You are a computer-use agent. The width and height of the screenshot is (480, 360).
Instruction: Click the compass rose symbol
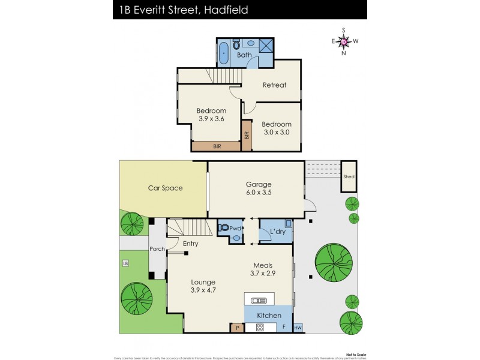point(344,41)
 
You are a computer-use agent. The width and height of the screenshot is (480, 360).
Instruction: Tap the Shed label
point(349,177)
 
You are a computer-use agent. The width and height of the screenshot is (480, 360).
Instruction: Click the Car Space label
point(165,188)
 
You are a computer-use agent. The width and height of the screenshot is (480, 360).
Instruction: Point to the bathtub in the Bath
point(224,53)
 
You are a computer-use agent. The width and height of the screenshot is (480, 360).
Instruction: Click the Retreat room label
point(274,85)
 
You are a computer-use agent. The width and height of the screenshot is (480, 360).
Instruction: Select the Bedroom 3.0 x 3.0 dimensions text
point(276,132)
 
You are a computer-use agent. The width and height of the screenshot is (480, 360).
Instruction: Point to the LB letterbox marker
point(125,263)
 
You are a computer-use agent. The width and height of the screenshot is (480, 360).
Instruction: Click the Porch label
point(157,249)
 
